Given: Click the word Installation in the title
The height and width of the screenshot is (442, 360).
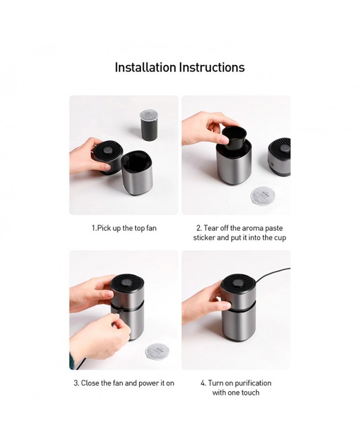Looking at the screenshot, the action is (145, 67).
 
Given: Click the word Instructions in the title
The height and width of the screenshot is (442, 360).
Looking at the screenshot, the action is (212, 67).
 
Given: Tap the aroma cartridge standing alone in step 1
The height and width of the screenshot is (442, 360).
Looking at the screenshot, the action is (149, 125).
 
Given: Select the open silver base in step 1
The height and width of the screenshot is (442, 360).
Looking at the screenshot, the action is (137, 173).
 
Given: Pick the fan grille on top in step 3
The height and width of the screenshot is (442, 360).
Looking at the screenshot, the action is (127, 286).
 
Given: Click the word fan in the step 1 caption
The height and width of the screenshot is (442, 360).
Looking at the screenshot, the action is (151, 228).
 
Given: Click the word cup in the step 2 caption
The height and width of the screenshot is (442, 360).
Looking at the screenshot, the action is (280, 238).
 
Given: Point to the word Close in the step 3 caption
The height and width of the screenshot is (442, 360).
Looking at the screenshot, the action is (90, 383).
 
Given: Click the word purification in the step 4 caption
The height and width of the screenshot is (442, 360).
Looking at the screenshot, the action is (253, 383).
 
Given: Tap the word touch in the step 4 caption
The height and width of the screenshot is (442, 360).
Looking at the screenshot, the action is (250, 393).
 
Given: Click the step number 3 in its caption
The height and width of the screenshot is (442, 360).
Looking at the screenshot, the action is (76, 383).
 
